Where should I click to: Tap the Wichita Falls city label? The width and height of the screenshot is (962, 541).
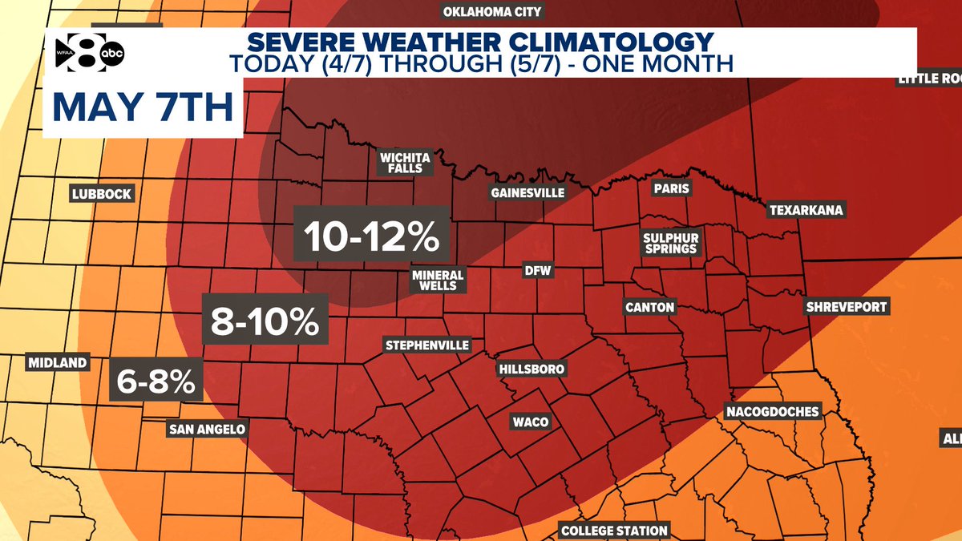[405, 163]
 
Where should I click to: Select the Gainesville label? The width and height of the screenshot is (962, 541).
[527, 193]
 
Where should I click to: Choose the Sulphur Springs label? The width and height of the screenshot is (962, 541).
[671, 244]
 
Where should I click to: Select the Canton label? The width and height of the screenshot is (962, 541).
[650, 307]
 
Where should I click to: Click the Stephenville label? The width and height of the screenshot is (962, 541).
[426, 345]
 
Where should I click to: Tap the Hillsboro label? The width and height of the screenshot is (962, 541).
[532, 369]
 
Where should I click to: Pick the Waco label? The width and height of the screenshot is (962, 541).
[530, 422]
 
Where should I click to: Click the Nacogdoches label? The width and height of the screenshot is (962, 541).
[773, 412]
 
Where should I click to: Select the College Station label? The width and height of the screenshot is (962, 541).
[614, 531]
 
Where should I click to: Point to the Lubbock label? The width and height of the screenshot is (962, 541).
[101, 194]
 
